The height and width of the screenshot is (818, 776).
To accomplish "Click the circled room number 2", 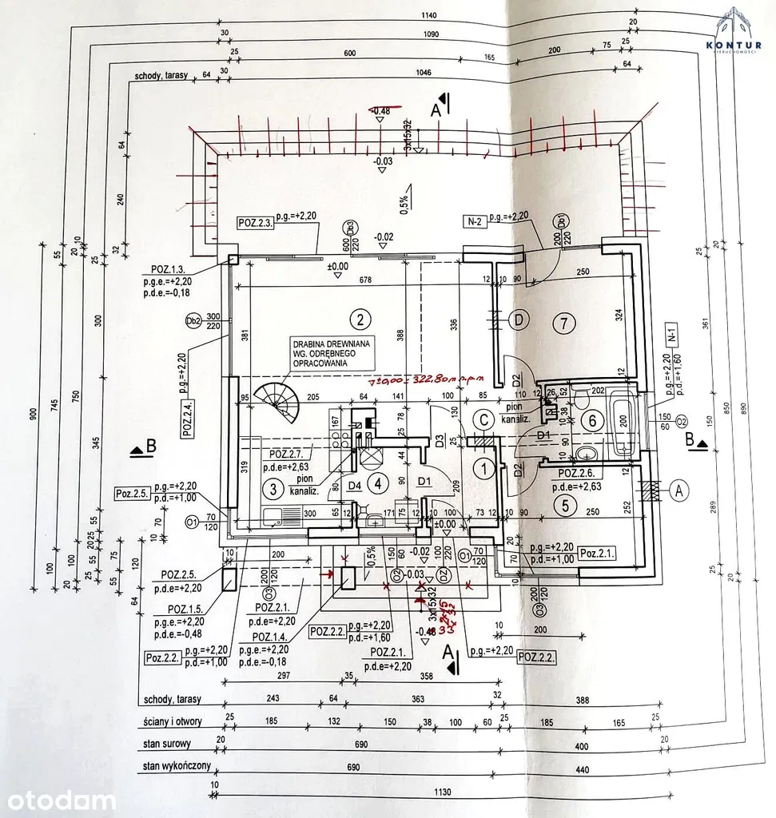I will coord(361,320).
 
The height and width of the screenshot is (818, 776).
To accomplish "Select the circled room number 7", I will coord(564,324).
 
